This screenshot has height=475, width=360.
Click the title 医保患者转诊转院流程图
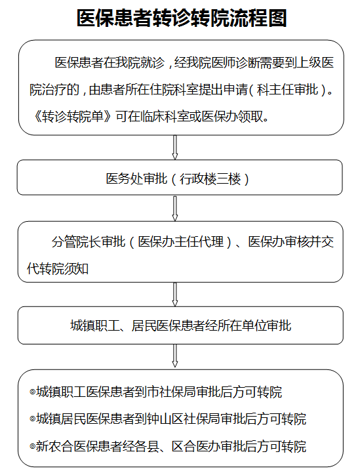182,18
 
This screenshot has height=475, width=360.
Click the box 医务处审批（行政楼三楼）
180,178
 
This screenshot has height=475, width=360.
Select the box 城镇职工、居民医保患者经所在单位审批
180,325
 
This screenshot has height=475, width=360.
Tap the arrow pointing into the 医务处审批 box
174,148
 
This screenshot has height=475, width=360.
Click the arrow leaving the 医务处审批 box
174,209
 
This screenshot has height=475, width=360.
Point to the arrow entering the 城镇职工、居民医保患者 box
174,295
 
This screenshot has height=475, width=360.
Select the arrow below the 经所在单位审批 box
174,356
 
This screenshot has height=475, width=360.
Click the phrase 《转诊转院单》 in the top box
72,116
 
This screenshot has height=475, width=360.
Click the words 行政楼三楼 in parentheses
210,178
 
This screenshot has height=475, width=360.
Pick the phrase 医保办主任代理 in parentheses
181,241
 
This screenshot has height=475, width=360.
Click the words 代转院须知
58,268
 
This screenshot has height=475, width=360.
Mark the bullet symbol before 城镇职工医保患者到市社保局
32,392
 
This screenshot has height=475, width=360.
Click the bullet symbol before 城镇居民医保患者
32,419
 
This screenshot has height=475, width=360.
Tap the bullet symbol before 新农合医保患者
32,446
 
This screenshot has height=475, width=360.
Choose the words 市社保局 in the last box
171,392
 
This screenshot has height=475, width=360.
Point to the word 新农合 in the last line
54,446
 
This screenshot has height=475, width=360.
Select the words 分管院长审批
89,241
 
